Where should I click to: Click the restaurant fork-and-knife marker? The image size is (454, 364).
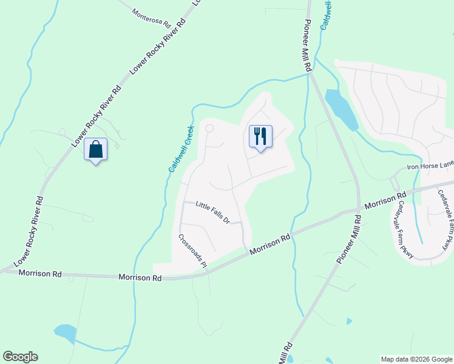pos(261,136)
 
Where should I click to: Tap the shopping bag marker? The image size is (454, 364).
pos(95,149)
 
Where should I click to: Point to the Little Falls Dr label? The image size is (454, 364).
pos(212,213)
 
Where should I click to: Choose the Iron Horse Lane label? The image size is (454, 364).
pos(430,164)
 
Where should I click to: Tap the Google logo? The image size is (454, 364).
pos(20,357)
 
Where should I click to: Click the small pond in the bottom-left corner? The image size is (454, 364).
pos(65,333)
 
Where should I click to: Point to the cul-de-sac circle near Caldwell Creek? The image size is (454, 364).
pos(209,129)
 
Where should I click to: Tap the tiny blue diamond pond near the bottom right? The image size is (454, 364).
pos(349,321)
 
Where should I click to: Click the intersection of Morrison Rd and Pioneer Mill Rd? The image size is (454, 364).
pos(358,212)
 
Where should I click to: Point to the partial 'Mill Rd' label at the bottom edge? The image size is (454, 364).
pos(286,353)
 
